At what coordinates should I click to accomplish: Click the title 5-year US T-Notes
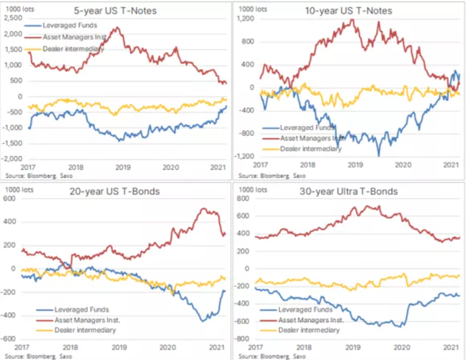click(123, 10)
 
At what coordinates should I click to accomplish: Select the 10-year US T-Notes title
click(357, 10)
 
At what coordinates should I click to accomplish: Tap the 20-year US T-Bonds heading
click(123, 191)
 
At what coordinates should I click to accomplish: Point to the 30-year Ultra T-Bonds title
click(357, 191)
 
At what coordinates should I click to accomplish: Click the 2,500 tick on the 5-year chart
click(13, 18)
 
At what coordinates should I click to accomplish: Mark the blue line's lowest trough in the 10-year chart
click(379, 156)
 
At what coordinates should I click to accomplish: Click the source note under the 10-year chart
click(265, 176)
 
